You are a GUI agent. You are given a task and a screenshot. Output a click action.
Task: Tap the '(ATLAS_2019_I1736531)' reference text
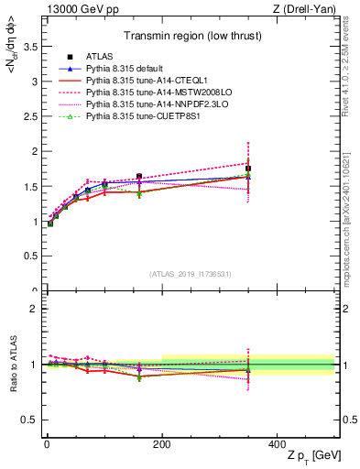pos(189,274)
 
